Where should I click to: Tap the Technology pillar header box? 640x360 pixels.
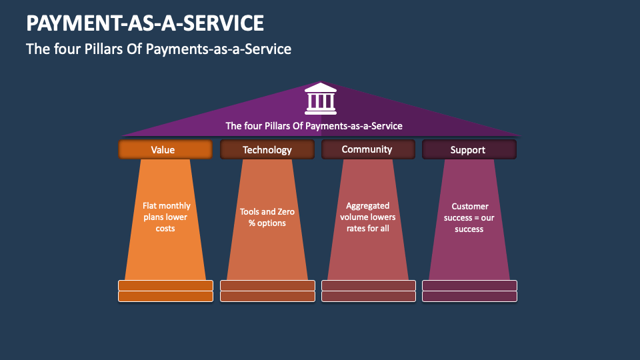tap(267, 149)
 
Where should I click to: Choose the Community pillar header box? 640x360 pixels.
tap(368, 149)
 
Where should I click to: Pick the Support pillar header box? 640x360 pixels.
tap(469, 149)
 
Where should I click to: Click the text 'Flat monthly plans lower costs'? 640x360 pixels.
tap(165, 217)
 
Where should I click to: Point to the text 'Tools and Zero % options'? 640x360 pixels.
tap(267, 217)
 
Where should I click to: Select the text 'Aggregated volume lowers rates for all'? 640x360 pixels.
tap(368, 217)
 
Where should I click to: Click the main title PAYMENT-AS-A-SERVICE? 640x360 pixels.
tap(145, 23)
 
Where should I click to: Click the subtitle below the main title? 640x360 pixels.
tap(159, 49)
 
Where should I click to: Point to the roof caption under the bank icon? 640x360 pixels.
tap(314, 125)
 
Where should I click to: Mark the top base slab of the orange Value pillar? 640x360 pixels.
tap(165, 285)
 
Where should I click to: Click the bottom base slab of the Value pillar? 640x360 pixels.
tap(165, 296)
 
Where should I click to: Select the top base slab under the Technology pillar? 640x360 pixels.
tap(267, 285)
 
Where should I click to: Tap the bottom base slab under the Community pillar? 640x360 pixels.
tap(368, 296)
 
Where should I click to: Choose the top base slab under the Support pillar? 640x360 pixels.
tap(469, 285)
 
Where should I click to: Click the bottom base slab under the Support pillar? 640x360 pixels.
tap(469, 296)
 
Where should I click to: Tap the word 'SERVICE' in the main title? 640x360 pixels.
tap(225, 23)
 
